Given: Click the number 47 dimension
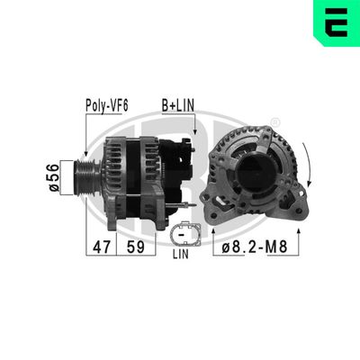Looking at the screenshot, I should coord(101,246).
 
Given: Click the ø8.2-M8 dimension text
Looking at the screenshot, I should coord(256,246).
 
